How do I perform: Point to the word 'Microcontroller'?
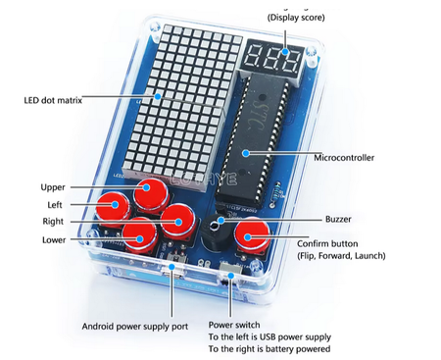pos(345,157)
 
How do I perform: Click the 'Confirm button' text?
pos(329,243)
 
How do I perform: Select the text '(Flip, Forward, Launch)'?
pos(341,256)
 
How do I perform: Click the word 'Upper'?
pos(53,186)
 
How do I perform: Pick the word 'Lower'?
pos(54,239)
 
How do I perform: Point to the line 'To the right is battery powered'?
pos(269,349)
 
